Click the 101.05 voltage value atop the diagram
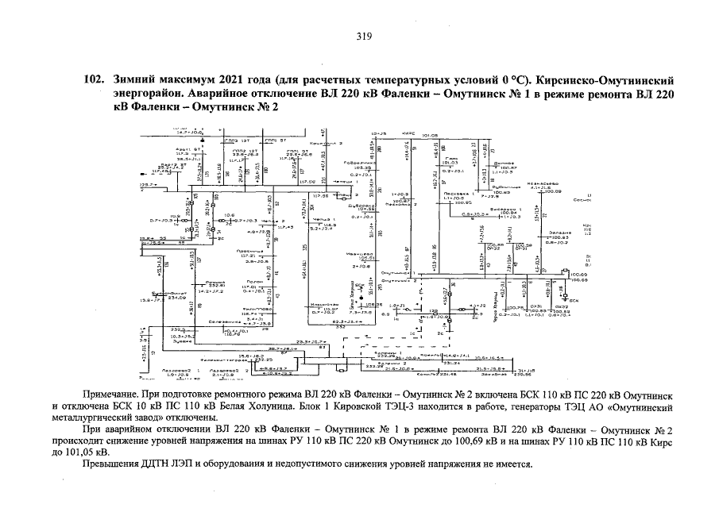(x=430, y=135)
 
